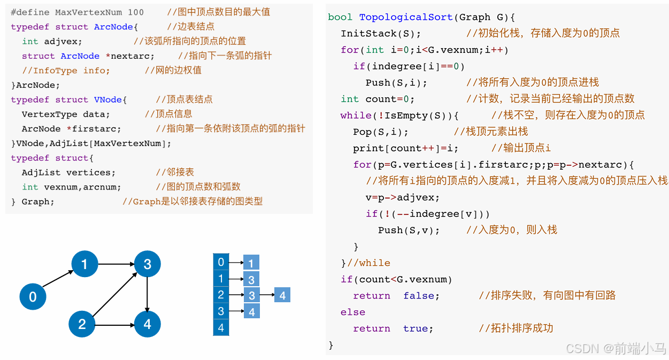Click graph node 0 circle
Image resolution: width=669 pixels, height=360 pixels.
(x=33, y=296)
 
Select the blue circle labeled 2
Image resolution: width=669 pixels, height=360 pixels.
(x=82, y=324)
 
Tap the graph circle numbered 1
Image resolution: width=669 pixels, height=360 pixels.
(x=84, y=263)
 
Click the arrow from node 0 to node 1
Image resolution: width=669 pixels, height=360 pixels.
(x=58, y=278)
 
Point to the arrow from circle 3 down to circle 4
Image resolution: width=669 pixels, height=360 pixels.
(x=147, y=294)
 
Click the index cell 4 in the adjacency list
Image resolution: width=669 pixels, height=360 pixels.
(x=221, y=327)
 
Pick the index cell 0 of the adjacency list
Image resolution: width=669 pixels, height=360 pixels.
(x=221, y=262)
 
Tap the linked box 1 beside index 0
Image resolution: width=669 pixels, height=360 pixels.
(x=251, y=263)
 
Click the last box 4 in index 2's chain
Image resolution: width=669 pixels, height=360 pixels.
(x=282, y=295)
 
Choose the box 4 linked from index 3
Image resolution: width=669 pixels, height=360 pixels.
(x=251, y=311)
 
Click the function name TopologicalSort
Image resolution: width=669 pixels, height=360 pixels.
(x=406, y=17)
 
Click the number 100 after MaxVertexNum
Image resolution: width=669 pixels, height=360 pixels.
(x=136, y=12)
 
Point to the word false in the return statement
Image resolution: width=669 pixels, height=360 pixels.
(x=421, y=296)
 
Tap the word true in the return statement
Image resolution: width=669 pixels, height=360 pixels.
(x=418, y=328)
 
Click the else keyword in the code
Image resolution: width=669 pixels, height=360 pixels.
(x=353, y=312)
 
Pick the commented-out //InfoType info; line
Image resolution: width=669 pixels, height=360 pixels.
(x=66, y=70)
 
